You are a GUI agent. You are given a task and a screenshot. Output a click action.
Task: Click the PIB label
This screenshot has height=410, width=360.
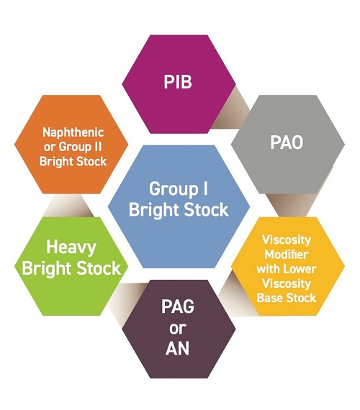(178, 82)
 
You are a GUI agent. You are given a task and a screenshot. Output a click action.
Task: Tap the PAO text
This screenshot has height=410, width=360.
(287, 142)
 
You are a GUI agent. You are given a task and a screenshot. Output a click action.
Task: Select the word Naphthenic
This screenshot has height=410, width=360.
(73, 132)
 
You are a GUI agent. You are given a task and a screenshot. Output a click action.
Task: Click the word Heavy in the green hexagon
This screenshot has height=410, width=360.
(71, 247)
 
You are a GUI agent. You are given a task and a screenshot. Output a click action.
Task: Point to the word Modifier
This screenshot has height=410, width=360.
(286, 254)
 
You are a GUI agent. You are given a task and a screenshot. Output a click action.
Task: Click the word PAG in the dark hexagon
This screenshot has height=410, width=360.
(178, 306)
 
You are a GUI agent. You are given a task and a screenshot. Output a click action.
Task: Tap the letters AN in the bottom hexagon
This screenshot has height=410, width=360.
(178, 348)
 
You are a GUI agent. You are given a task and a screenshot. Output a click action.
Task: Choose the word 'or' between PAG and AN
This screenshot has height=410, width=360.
(178, 328)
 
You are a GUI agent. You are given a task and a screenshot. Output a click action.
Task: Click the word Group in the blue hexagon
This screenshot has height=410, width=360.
(174, 189)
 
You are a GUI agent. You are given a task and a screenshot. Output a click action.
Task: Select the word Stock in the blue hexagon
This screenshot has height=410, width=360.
(207, 210)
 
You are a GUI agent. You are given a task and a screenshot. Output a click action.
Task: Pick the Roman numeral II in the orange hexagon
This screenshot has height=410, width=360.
(97, 147)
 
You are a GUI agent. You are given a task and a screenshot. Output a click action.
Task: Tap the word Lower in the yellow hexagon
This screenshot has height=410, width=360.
(300, 269)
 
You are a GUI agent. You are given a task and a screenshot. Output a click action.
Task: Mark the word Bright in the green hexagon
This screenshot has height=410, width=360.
(47, 269)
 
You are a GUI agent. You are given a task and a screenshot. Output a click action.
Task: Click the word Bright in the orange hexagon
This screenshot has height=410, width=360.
(55, 162)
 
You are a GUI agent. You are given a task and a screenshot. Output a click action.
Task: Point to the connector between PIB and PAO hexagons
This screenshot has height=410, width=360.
(231, 109)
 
